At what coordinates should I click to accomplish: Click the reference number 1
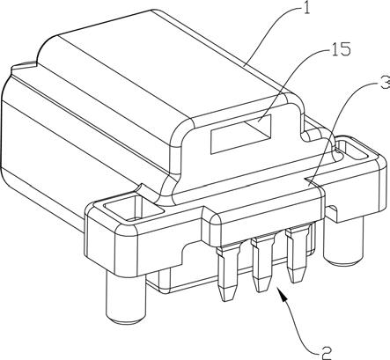305,8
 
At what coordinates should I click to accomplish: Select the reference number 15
341,49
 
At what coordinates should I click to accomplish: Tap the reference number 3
385,83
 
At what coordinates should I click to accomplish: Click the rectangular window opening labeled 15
241,134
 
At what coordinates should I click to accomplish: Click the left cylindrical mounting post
126,298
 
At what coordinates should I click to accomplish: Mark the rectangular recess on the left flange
134,208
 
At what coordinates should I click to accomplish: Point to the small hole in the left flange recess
135,218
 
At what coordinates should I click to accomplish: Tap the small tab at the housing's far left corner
24,66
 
